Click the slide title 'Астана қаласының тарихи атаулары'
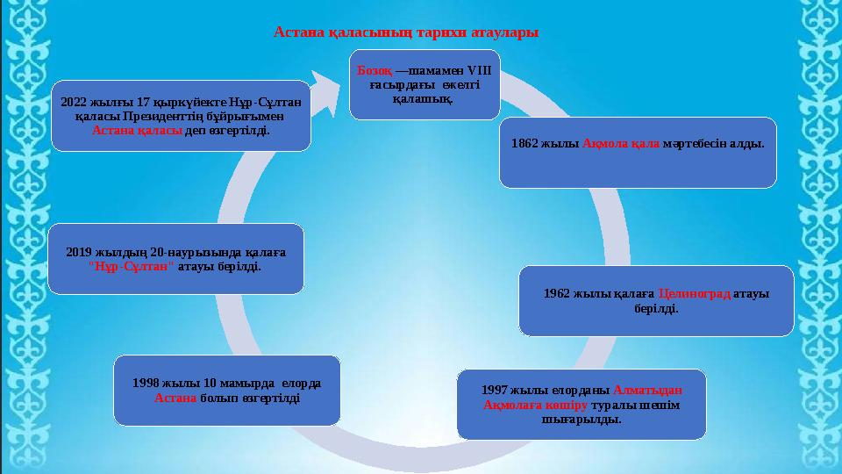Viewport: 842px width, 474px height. click(x=406, y=32)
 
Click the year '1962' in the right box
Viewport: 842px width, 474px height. click(x=558, y=293)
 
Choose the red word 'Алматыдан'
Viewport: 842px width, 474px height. click(x=647, y=389)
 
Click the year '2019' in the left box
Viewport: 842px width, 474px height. click(x=81, y=251)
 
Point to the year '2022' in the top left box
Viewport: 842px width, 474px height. click(x=75, y=101)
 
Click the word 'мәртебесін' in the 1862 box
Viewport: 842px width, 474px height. click(x=701, y=143)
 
